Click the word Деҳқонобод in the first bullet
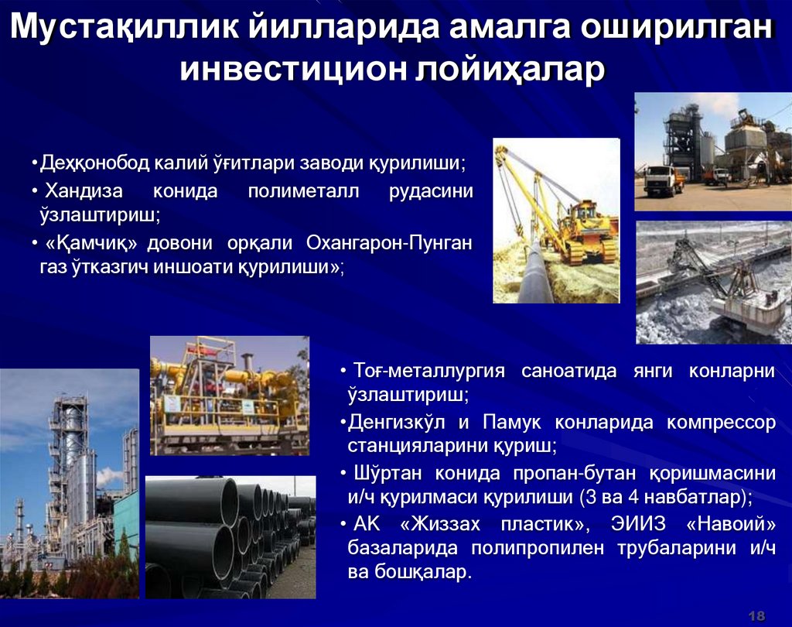point(94,164)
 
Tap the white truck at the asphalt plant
point(662,180)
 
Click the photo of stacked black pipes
point(230,537)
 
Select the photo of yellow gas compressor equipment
point(229,395)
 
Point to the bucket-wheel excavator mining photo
point(713,283)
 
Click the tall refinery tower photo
point(69,484)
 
